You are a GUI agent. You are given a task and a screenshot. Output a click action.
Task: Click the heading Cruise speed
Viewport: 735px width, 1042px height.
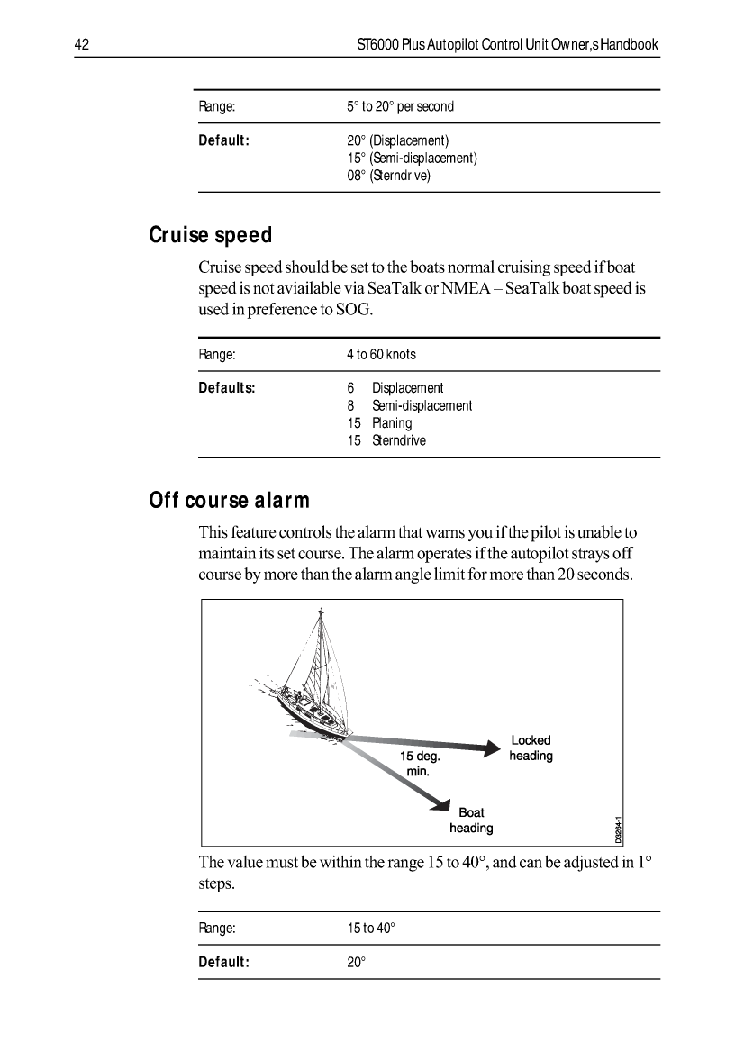[210, 236]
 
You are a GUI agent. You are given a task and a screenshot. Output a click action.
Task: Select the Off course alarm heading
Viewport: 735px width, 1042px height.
[229, 501]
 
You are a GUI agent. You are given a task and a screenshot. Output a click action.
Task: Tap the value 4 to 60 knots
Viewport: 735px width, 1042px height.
[381, 355]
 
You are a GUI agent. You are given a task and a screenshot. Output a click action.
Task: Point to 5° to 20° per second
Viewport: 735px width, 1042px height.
[400, 106]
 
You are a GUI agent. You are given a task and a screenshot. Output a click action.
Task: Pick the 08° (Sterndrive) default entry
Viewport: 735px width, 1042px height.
[389, 176]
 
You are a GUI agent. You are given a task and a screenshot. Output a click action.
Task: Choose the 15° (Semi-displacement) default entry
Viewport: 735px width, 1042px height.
[412, 159]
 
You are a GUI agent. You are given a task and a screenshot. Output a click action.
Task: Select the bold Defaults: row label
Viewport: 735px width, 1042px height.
[227, 388]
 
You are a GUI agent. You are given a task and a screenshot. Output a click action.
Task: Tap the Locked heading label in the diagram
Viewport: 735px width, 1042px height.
[531, 748]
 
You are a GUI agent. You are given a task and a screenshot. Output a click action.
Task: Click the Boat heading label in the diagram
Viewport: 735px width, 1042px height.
[471, 820]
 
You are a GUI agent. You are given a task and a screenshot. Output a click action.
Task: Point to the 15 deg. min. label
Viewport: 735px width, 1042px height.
[419, 764]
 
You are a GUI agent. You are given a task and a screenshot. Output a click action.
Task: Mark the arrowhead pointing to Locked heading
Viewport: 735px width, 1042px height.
[492, 746]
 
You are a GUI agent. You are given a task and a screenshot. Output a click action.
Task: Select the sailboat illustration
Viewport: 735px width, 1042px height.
[311, 684]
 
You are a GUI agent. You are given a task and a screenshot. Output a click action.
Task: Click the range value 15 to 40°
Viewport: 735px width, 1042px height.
[371, 928]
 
